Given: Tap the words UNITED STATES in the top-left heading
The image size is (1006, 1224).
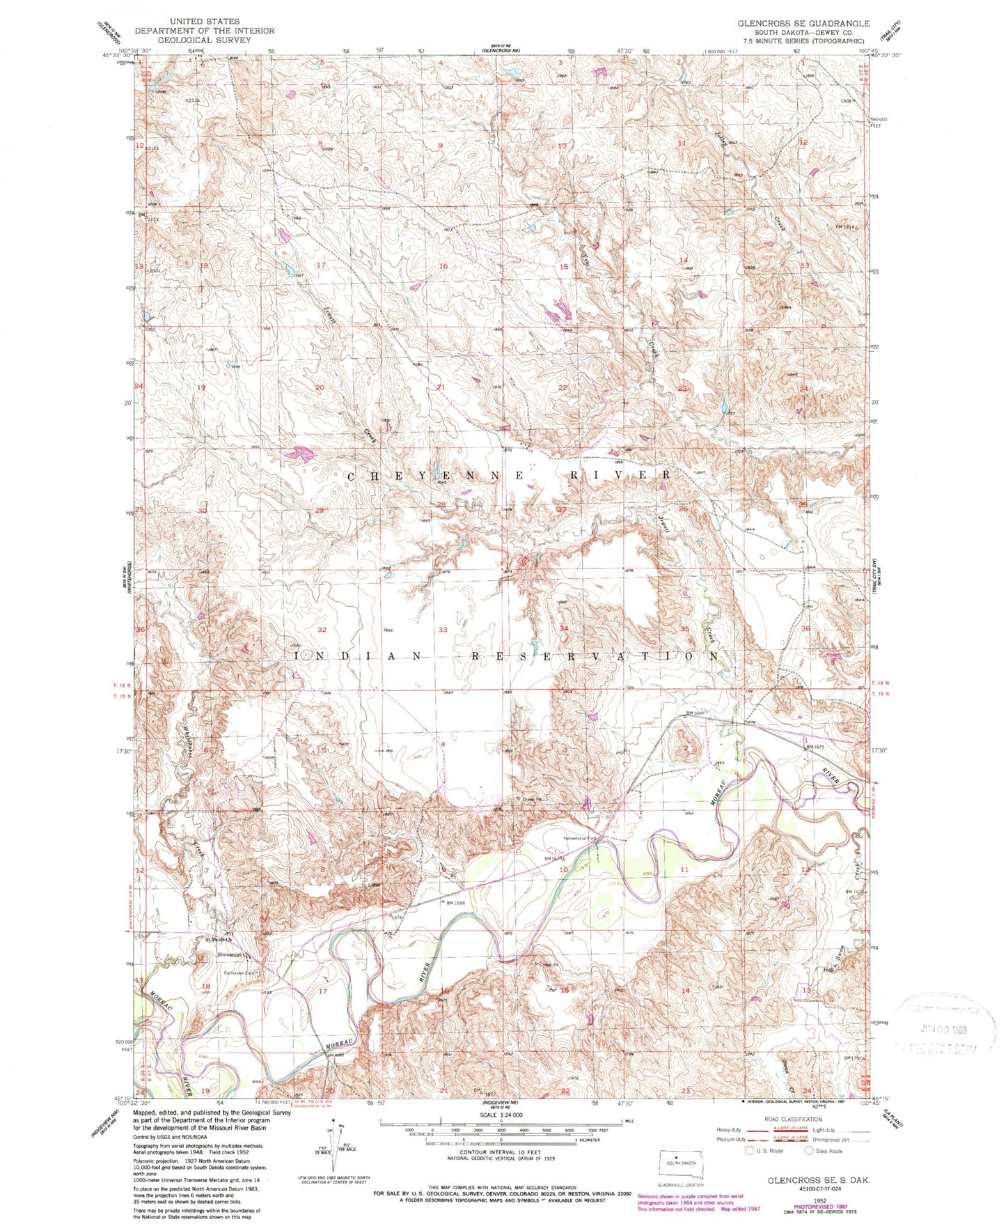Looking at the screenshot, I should pos(204,22).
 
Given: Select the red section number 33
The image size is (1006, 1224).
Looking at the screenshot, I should pos(443,630).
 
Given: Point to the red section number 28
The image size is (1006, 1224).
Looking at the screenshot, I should pos(441,504).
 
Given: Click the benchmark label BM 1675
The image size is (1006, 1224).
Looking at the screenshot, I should pos(818,747).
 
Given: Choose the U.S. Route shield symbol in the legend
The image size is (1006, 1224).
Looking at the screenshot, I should pos(748,1150).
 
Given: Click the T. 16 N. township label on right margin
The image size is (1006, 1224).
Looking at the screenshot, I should pos(880,685).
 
